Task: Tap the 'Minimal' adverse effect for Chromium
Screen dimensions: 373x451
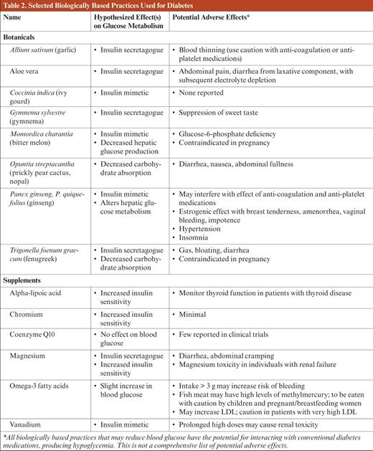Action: [x=192, y=314]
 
